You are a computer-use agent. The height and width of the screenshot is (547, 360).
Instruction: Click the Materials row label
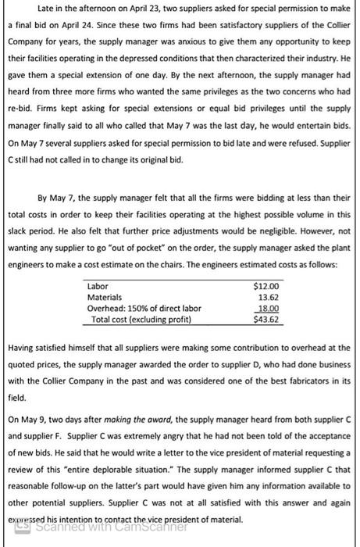click(x=105, y=297)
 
